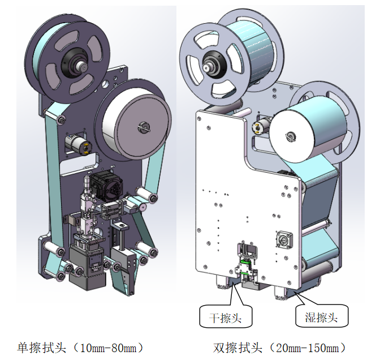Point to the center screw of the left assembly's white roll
click(x=143, y=127)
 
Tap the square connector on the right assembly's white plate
click(x=283, y=238)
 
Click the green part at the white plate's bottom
click(x=244, y=268)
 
